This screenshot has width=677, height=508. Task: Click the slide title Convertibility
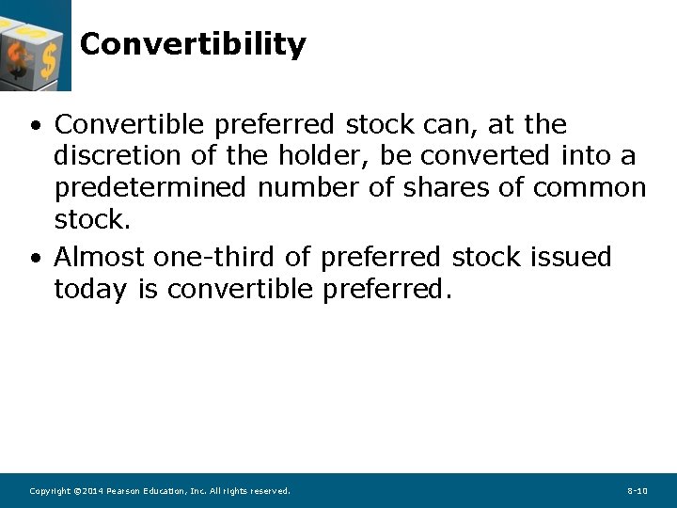pyautogui.click(x=193, y=44)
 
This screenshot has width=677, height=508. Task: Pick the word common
pyautogui.click(x=590, y=188)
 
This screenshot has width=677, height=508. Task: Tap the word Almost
pyautogui.click(x=99, y=257)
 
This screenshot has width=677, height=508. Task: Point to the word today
pyautogui.click(x=90, y=290)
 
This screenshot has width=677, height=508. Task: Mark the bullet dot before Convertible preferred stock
pyautogui.click(x=35, y=125)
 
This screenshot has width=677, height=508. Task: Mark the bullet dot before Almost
pyautogui.click(x=35, y=258)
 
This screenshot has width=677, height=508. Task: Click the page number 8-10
pyautogui.click(x=637, y=491)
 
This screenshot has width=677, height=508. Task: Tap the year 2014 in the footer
pyautogui.click(x=91, y=491)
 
